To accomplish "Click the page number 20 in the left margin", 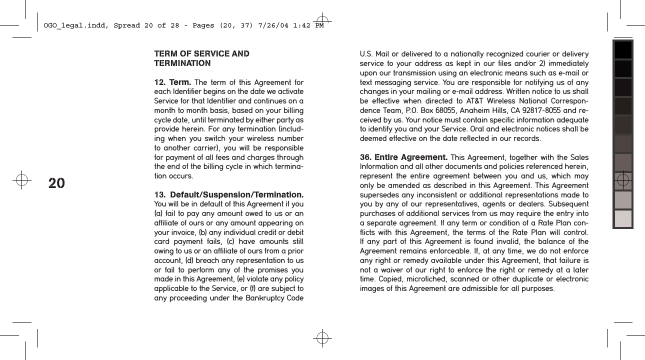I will tap(56, 183).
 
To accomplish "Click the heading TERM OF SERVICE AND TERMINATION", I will tap(201, 58).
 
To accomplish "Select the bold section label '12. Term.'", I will tap(171, 82).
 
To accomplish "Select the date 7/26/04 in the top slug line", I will tap(270, 25).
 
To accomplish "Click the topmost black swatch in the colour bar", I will tap(623, 50).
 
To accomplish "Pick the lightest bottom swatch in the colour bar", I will tap(623, 218).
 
